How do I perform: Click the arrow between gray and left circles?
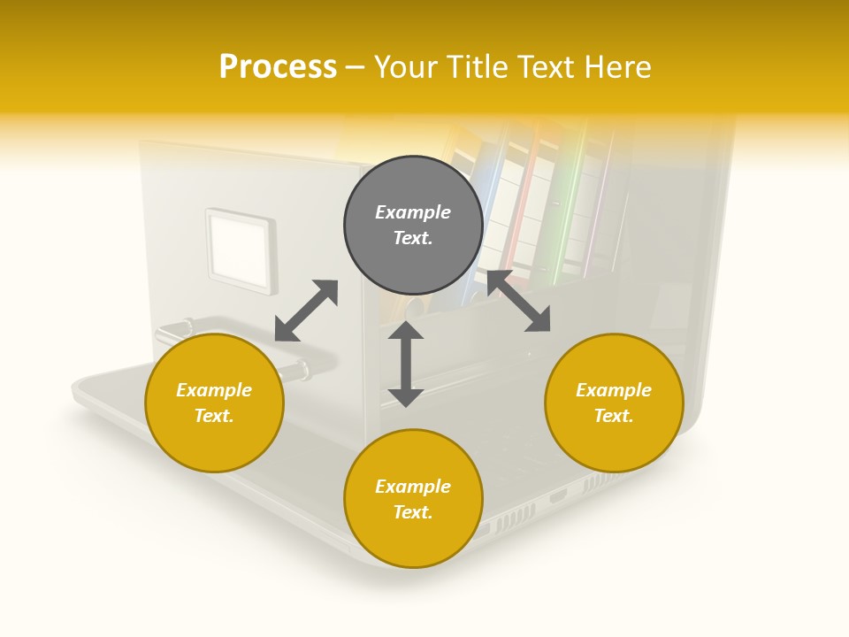click(x=306, y=311)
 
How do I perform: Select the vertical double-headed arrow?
click(x=406, y=364)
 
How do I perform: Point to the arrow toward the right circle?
click(x=518, y=301)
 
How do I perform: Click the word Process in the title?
click(x=278, y=66)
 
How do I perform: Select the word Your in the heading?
click(x=408, y=66)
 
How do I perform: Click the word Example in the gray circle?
click(x=413, y=212)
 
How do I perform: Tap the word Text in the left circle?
click(x=214, y=416)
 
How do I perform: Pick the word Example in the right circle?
click(x=614, y=390)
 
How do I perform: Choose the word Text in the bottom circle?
click(x=413, y=512)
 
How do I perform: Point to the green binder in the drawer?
click(x=566, y=203)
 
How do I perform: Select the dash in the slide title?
click(x=356, y=66)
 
